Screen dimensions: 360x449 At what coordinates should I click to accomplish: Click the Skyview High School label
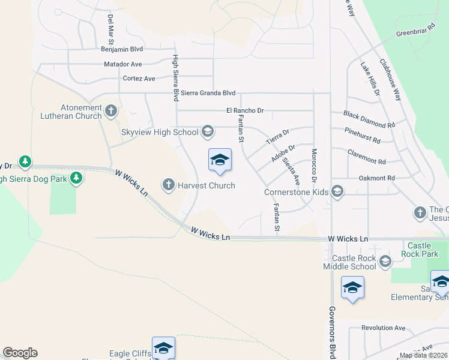pos(160,132)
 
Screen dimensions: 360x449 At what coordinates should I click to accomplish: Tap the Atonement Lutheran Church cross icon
pos(110,110)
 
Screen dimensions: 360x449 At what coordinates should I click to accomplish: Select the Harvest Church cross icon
pos(169,185)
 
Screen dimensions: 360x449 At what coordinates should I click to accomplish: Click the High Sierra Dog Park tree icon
pos(76,178)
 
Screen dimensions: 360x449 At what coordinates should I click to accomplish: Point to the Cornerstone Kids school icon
pos(337,192)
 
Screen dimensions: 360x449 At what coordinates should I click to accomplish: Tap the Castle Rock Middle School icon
pos(385,260)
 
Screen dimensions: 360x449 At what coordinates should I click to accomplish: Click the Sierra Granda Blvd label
pos(208,93)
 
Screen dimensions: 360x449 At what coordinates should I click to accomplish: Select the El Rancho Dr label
pos(245,110)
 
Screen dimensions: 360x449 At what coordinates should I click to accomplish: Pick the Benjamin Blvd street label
pos(122,49)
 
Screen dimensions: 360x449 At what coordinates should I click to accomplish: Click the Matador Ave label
pos(122,64)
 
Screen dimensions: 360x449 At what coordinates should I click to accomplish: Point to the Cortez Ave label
pos(139,78)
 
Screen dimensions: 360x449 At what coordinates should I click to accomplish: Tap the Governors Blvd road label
pos(331,331)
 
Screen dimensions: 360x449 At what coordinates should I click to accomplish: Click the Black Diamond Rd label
pos(369,119)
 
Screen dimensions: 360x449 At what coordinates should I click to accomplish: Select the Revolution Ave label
pos(383,328)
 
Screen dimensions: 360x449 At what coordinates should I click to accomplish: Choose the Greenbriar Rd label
pos(415,30)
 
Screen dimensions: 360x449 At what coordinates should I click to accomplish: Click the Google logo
pos(20,353)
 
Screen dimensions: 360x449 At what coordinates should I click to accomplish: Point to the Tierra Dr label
pos(278,137)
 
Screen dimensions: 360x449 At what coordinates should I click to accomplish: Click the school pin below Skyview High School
pos(220,161)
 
